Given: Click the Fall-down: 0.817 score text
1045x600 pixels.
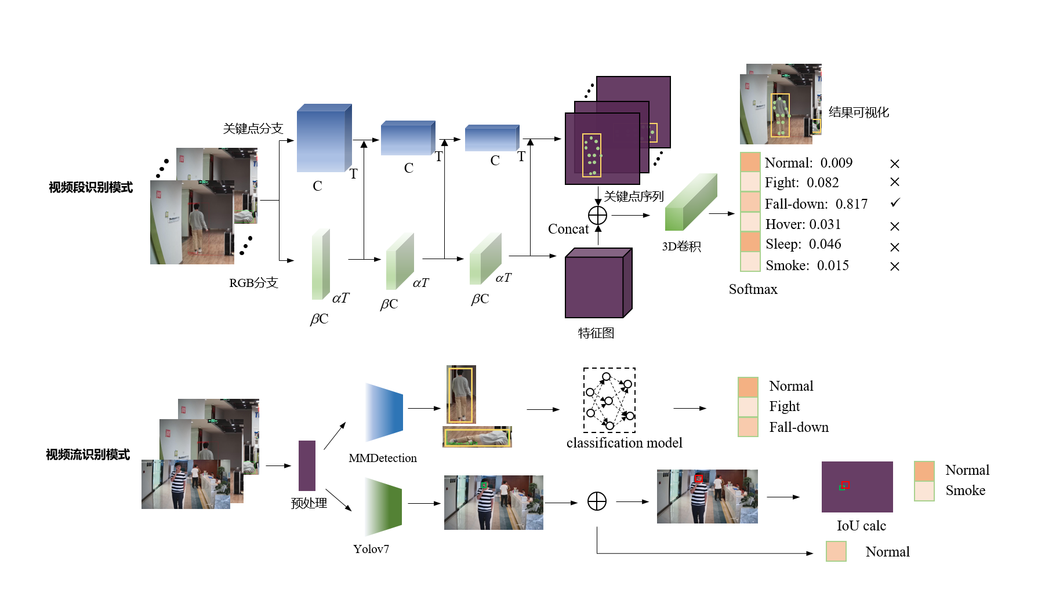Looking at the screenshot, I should [x=816, y=204].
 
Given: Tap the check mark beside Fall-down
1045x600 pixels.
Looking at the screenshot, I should [x=895, y=203].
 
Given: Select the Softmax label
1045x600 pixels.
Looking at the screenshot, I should [x=753, y=289].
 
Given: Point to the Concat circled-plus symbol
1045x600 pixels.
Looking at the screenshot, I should [x=597, y=216].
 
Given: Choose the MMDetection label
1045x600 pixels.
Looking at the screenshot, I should [x=383, y=458].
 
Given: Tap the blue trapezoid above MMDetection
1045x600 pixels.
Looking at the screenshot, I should [x=384, y=412].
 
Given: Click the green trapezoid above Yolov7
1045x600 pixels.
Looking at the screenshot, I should [x=383, y=507].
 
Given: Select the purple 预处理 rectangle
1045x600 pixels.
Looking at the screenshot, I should [x=307, y=466].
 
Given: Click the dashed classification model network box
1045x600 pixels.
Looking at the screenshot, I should [x=609, y=400].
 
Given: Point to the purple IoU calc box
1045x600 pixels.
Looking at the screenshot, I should [x=857, y=487].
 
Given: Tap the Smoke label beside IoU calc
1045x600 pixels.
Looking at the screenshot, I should [x=965, y=490].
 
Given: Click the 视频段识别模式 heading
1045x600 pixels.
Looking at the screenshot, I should [x=91, y=187].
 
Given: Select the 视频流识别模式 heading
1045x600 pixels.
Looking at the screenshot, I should [x=88, y=454].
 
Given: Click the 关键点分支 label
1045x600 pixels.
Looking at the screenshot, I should [x=253, y=129].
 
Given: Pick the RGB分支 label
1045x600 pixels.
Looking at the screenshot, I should [x=253, y=283].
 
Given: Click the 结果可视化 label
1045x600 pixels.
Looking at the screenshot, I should [x=858, y=112].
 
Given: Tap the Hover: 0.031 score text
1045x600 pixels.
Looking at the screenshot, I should [x=803, y=224].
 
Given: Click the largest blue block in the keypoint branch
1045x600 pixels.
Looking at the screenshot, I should [x=324, y=139].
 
